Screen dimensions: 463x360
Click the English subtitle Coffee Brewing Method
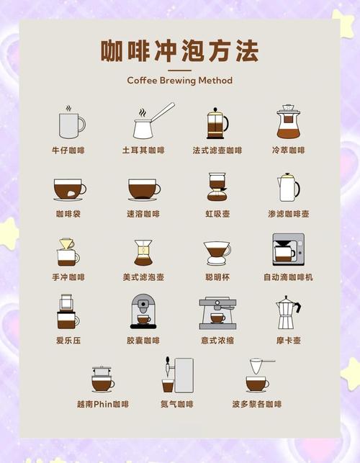point(179,81)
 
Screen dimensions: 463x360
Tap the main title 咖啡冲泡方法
point(179,51)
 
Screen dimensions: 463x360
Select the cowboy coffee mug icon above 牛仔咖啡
point(71,123)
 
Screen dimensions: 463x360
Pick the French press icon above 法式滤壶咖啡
point(216,123)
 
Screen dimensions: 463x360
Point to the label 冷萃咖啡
point(288,150)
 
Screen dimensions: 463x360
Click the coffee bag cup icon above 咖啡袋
point(69,189)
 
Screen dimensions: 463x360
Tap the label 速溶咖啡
point(143,214)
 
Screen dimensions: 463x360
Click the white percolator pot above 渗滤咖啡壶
point(288,187)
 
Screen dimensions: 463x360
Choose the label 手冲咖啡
point(69,277)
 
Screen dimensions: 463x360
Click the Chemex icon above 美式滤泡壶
point(143,252)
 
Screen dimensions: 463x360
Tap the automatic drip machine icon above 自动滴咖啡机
point(288,250)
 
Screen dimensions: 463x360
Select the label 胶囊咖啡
point(143,341)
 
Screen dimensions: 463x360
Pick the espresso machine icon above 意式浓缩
point(217,313)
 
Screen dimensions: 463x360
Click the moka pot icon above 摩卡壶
point(288,313)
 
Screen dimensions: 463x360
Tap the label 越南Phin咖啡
point(103,404)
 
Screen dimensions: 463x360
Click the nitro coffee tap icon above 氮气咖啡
point(177,375)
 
